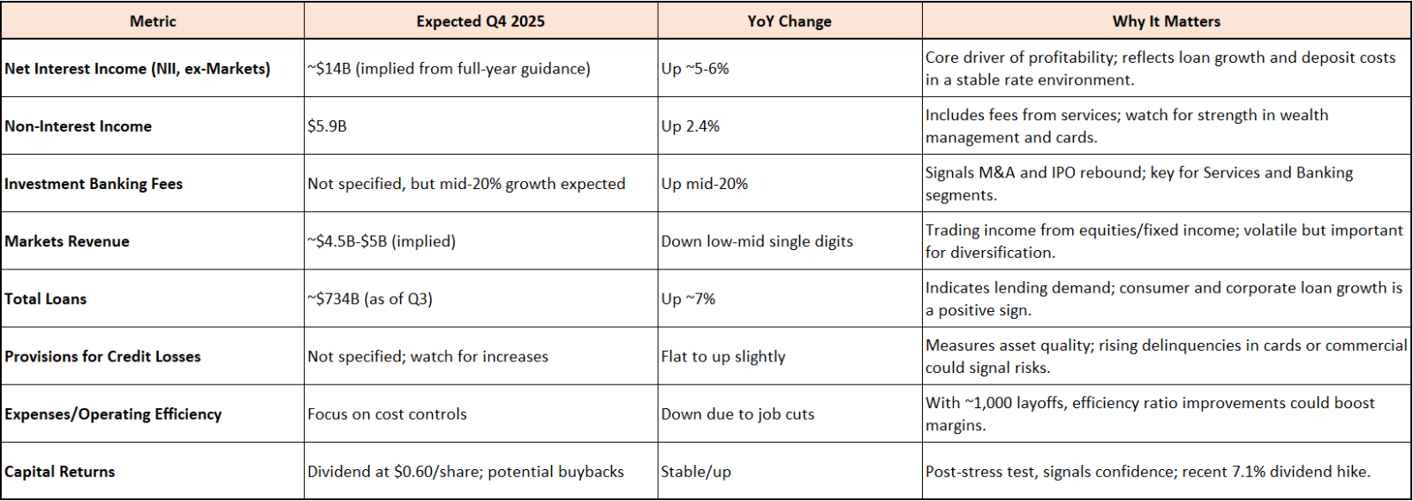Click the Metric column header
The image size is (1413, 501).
[x=153, y=21]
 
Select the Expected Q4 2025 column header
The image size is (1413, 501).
[x=480, y=21]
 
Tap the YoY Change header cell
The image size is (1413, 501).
[x=790, y=21]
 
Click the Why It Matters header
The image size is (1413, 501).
[x=1167, y=21]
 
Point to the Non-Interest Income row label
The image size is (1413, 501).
[x=79, y=126]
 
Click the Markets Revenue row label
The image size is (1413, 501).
[x=67, y=241]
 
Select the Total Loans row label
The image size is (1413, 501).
[x=45, y=299]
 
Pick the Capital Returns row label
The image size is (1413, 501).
[x=60, y=471]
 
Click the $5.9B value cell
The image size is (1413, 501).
[x=327, y=126]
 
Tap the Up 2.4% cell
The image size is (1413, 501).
[x=690, y=126]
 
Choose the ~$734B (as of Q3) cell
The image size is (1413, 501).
[x=370, y=299]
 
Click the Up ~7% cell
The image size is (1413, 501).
[x=688, y=299]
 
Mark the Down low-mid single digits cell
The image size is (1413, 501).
[x=757, y=241]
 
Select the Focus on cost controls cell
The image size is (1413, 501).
[x=388, y=414]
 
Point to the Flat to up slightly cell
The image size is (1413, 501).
[x=723, y=356]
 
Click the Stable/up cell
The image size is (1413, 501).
[x=696, y=471]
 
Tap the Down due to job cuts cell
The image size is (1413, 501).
[x=738, y=414]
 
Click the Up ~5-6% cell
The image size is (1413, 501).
[x=695, y=69]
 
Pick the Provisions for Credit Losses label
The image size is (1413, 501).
[x=102, y=356]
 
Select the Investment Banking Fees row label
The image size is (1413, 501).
[x=94, y=184]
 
